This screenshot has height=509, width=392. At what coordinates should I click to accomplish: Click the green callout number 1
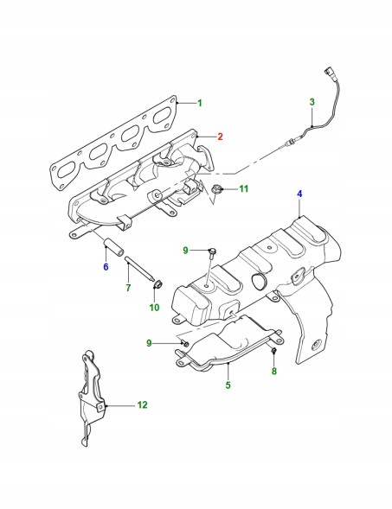pos(200,103)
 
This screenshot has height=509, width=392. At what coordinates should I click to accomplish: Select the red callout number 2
pos(220,137)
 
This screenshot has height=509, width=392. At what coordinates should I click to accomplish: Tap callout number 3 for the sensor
pos(312,102)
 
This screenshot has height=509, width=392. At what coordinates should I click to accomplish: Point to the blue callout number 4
pos(299,194)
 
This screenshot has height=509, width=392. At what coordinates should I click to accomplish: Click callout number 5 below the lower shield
pos(228,385)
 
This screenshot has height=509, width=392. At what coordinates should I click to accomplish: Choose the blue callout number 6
pos(106,267)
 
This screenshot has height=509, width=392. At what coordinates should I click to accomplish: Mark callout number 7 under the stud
pos(128,287)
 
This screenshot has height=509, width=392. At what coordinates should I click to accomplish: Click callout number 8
pos(274,371)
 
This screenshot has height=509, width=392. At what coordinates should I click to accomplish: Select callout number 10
pos(154,307)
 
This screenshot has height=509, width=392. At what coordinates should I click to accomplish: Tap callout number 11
pos(244,188)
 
